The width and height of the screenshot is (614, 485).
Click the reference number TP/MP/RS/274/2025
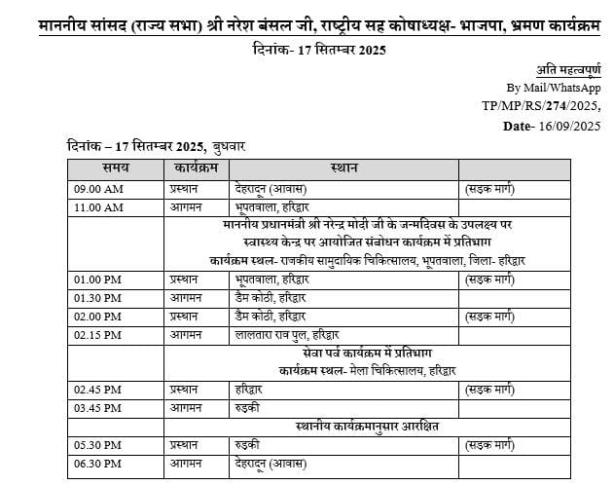pyautogui.click(x=541, y=105)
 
